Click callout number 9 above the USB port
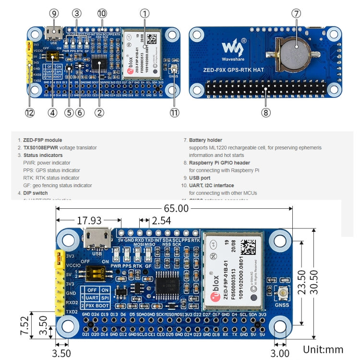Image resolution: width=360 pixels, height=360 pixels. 54,13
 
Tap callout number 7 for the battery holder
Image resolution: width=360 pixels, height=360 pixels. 296,13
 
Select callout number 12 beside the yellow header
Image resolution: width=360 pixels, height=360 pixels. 30,113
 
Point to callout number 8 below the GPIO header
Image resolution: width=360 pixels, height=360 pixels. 266,113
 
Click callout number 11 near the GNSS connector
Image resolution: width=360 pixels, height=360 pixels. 173,113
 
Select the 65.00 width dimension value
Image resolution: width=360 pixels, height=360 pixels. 176,208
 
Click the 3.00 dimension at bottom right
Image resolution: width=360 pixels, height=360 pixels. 280,353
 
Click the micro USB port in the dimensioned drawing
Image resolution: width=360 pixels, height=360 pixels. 97,238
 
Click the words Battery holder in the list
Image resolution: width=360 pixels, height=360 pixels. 205,140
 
